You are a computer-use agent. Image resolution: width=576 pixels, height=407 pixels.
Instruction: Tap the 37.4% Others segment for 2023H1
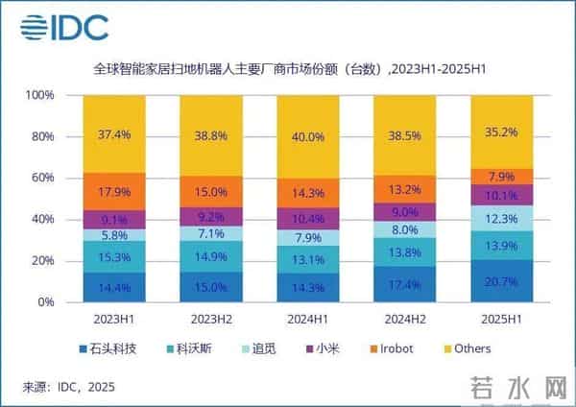point(113,134)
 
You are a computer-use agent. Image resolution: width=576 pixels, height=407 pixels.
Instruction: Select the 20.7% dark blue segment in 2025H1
point(501,280)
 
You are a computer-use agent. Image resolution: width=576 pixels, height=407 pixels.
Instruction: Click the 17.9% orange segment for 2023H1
point(113,191)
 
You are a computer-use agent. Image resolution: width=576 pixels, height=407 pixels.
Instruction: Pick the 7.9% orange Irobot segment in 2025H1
point(501,176)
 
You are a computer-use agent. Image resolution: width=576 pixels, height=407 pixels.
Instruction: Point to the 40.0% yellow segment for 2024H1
point(307,136)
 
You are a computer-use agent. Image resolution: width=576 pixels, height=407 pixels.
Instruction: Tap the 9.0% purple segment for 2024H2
point(404,212)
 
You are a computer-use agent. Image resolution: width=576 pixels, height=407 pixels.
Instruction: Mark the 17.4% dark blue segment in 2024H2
point(404,284)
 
